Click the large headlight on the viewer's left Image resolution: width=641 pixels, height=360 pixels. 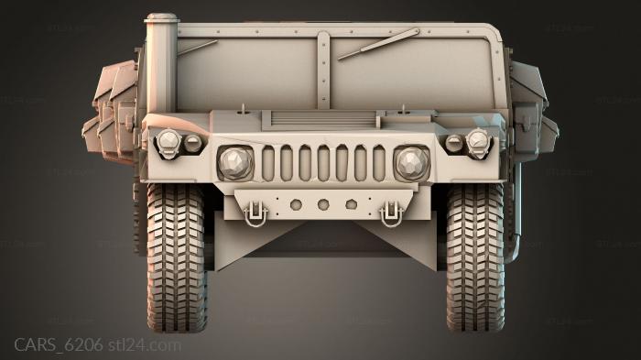234,163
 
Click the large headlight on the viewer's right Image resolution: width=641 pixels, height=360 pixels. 411,163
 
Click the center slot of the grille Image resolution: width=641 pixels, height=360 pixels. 323,163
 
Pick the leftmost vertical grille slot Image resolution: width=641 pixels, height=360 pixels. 268,163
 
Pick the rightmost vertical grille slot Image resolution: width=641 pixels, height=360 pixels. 378,163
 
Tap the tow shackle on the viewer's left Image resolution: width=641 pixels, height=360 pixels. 255,213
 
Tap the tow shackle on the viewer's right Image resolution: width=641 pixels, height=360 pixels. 393,213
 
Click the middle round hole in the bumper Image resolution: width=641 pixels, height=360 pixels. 322,204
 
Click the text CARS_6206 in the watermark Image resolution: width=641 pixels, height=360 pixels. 58,345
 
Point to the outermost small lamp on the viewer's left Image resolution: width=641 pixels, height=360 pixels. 168,140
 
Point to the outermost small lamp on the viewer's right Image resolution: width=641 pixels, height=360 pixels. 478,140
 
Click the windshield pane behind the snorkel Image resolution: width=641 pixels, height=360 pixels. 247,69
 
